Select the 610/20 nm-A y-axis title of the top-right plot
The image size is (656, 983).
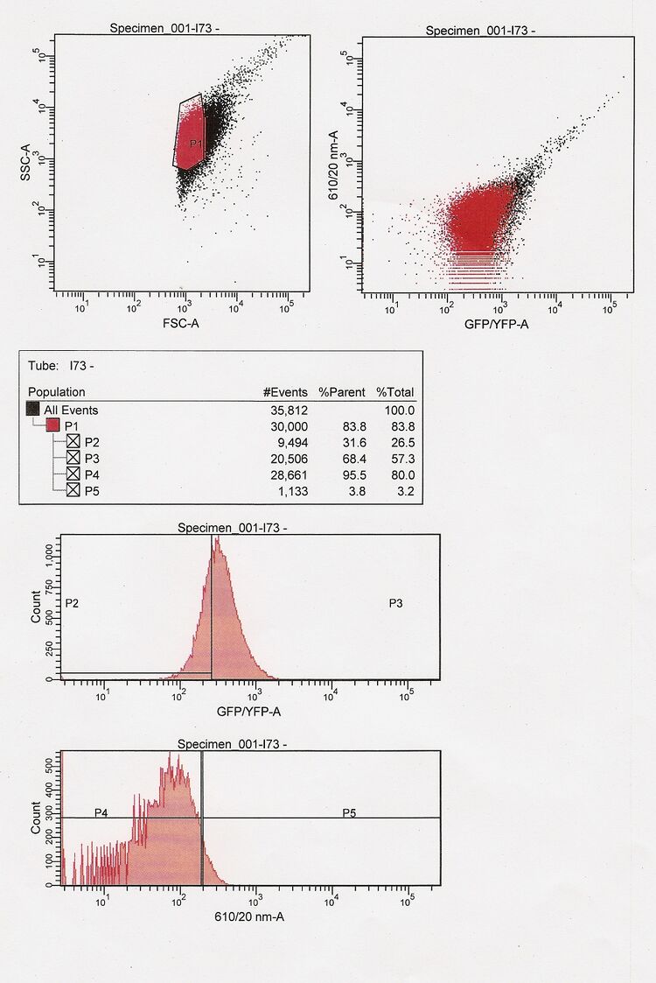(x=333, y=163)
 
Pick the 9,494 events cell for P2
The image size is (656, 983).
(x=287, y=441)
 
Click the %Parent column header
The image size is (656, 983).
(x=341, y=392)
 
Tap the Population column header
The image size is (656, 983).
(x=57, y=392)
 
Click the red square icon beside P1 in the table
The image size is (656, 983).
(x=52, y=425)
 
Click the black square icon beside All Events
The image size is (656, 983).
(x=33, y=410)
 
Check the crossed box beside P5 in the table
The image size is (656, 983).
(x=73, y=490)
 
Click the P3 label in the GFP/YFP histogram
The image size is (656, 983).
(x=395, y=603)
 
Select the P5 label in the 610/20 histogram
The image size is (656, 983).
(x=349, y=813)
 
